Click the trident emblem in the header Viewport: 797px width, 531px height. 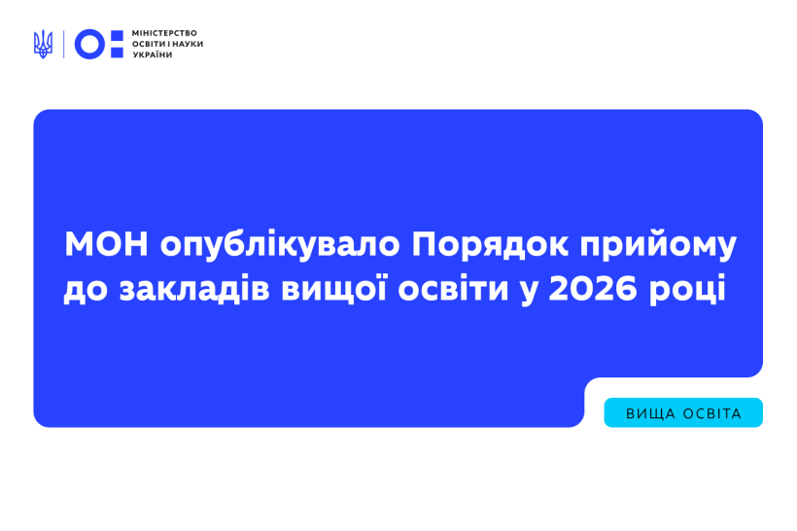tap(43, 44)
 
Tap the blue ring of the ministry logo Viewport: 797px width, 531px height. tap(89, 44)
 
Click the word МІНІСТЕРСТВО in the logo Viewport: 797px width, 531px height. tap(164, 33)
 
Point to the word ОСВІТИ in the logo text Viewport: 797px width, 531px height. tap(148, 44)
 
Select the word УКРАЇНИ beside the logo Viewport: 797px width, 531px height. tap(153, 54)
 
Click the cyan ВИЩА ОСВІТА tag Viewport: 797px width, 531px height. tap(683, 413)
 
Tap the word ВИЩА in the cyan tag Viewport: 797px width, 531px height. tap(650, 413)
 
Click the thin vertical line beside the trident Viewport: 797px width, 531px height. tap(64, 44)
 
